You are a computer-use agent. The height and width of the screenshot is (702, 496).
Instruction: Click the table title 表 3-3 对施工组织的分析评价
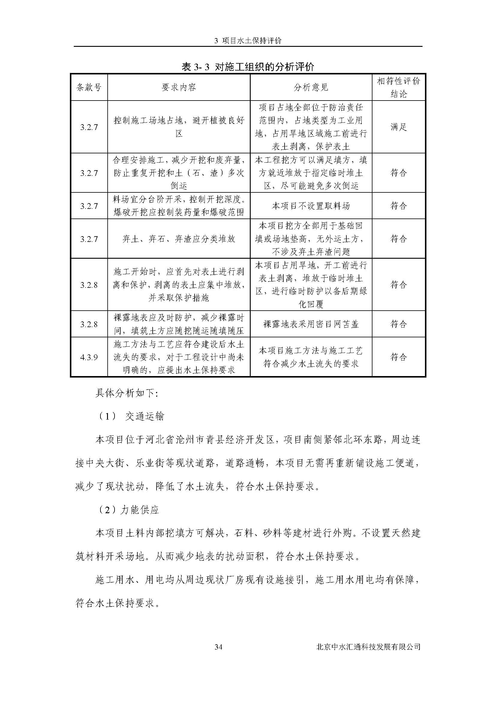pos(248,67)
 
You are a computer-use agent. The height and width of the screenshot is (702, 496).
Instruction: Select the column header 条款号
pos(89,87)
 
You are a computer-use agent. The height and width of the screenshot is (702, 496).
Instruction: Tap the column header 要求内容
pos(179,87)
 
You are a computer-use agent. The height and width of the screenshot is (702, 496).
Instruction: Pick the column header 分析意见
pos(311,87)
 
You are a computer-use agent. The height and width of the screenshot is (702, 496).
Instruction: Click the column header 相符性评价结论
pos(399,87)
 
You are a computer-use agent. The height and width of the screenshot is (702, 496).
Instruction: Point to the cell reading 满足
pos(399,127)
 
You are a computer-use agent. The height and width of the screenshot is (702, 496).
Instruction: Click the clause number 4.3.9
pos(89,357)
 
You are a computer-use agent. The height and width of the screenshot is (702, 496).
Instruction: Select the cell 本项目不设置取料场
pos(311,206)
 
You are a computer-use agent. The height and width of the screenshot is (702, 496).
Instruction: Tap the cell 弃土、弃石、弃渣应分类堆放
pos(179,239)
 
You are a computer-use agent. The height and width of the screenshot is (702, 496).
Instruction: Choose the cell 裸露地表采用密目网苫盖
pos(311,324)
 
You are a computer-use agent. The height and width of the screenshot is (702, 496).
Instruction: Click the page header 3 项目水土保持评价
pos(248,41)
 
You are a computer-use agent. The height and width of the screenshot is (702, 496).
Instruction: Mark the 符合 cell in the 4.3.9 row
pos(399,357)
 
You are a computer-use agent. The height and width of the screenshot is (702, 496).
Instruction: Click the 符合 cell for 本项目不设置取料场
pos(399,206)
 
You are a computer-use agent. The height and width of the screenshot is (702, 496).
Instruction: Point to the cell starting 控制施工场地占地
pos(179,127)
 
